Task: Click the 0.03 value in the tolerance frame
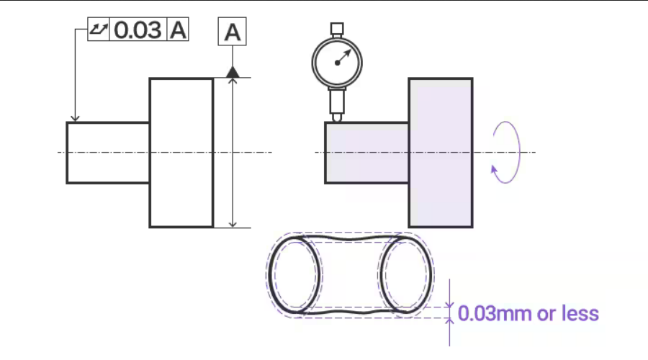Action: coord(138,30)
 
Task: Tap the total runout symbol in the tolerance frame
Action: coord(98,30)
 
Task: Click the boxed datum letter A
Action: coord(232,32)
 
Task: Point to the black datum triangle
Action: coord(232,71)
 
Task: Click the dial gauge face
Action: coord(336,62)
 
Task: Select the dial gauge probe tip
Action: coord(336,117)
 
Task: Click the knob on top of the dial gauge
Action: coord(336,29)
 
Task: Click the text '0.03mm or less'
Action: coord(528,313)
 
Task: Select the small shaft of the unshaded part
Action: coord(108,153)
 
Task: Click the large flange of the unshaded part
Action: coord(181,153)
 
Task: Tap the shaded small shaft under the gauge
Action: coord(366,153)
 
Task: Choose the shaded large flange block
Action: coord(440,153)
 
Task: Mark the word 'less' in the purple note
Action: coord(582,313)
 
